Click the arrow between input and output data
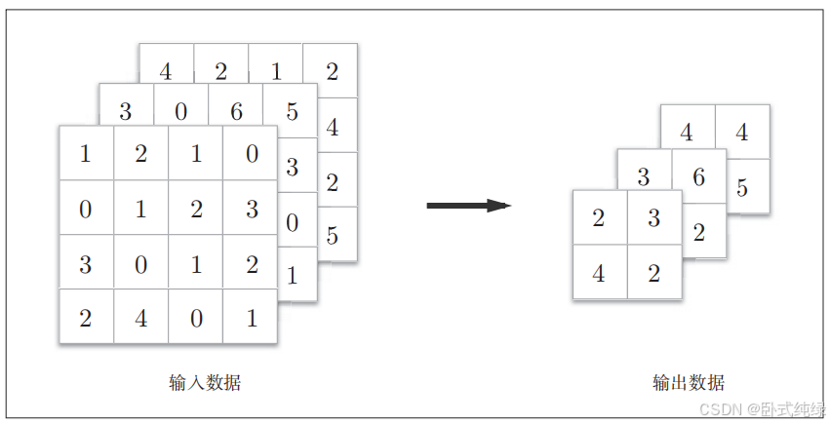pos(468,206)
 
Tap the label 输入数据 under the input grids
pos(205,383)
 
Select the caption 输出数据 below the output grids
pos(689,383)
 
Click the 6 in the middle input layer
pos(236,111)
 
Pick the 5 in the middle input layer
pos(291,111)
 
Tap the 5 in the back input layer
pos(332,235)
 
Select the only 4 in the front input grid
pos(140,318)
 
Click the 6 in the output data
pos(698,177)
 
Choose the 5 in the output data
pos(742,187)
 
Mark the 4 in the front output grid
pos(599,274)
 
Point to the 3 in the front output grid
pos(653,218)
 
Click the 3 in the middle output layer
pos(644,177)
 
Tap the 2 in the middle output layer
pos(698,232)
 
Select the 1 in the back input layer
pos(277,71)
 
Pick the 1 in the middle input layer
pos(291,276)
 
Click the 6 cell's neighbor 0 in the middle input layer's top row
pos(181,111)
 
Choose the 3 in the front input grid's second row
pos(251,209)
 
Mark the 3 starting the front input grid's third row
pos(86,264)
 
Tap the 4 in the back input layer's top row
pos(166,71)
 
